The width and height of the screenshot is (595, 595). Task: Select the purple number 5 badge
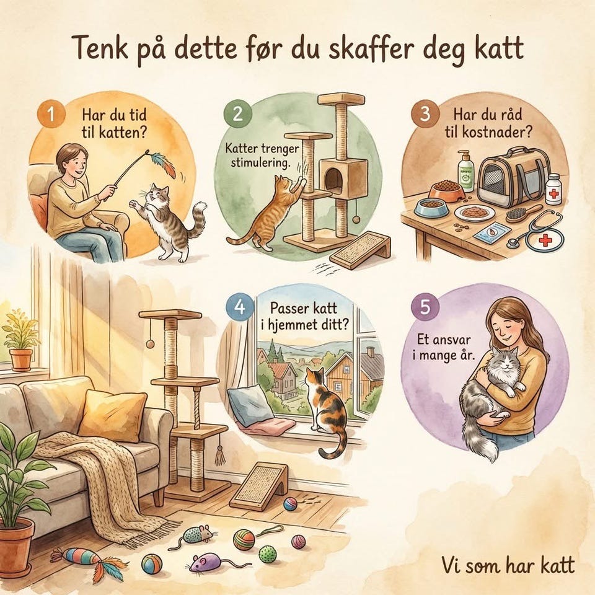point(425,306)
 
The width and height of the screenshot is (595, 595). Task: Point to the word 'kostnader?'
point(496,131)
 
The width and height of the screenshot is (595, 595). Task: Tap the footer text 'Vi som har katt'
point(508,565)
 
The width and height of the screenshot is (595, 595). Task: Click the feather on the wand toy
point(164,164)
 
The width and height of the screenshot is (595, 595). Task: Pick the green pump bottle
point(465,171)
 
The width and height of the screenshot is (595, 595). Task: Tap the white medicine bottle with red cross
point(553,189)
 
